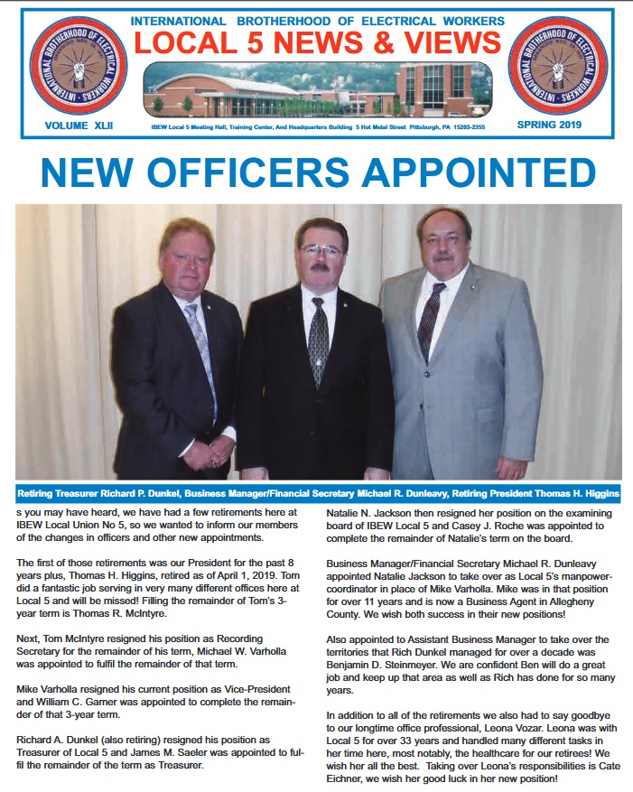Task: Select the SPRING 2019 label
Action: coord(550,126)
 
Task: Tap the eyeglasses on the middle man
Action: coord(321,252)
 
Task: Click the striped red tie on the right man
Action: coord(430,320)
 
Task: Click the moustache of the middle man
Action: coord(321,268)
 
